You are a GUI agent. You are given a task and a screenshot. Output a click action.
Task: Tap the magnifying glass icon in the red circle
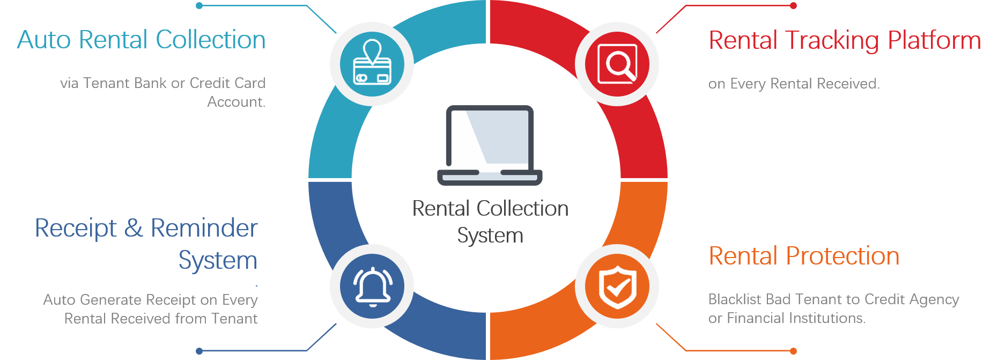point(617,64)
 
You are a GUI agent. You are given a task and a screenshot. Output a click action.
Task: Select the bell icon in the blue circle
point(372,286)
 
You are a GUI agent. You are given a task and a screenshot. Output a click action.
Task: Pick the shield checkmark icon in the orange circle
point(617,286)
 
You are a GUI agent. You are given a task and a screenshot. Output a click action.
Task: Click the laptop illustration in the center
point(490,145)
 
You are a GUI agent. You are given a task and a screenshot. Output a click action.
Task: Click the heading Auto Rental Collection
point(142,40)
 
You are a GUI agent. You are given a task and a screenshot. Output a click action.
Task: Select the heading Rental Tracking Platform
point(845,41)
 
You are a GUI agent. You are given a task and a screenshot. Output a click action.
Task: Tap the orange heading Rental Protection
point(804,256)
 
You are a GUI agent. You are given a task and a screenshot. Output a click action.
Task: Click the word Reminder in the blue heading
point(204,229)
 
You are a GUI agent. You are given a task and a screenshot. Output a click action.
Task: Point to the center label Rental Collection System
point(490,222)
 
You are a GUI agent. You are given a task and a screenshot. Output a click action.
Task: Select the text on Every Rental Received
point(794,84)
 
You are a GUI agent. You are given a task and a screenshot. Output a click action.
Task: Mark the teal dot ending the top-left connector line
point(199,6)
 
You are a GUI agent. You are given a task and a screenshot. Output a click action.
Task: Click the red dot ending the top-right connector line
point(794,6)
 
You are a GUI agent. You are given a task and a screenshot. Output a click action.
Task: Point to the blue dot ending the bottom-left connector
point(199,351)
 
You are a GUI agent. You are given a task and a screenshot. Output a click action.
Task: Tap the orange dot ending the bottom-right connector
point(794,351)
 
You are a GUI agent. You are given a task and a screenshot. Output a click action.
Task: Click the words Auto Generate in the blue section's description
point(93,299)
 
